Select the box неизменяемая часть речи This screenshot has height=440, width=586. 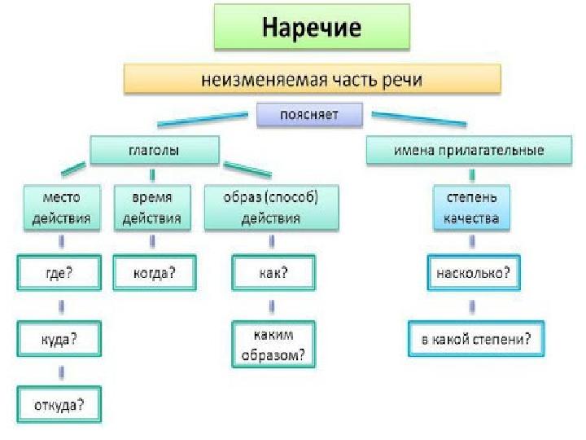(x=312, y=79)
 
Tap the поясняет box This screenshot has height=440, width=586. (x=309, y=114)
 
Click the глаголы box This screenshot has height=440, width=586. (x=154, y=151)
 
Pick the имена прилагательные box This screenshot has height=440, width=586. (x=468, y=151)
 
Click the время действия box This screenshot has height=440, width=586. (x=151, y=207)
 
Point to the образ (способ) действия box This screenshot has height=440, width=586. (x=271, y=207)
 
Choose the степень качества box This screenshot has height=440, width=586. (x=471, y=207)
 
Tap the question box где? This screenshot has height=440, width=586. (x=59, y=273)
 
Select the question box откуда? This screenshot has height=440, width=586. (x=59, y=403)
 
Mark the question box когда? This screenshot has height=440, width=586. (x=154, y=273)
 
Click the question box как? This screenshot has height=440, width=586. (x=271, y=273)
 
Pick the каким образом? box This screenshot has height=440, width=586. (x=271, y=344)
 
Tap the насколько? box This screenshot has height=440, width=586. (x=472, y=273)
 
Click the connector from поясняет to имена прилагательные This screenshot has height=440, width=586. (x=419, y=118)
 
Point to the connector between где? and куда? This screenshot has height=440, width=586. (x=60, y=306)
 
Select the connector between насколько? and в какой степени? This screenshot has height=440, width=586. (x=471, y=306)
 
